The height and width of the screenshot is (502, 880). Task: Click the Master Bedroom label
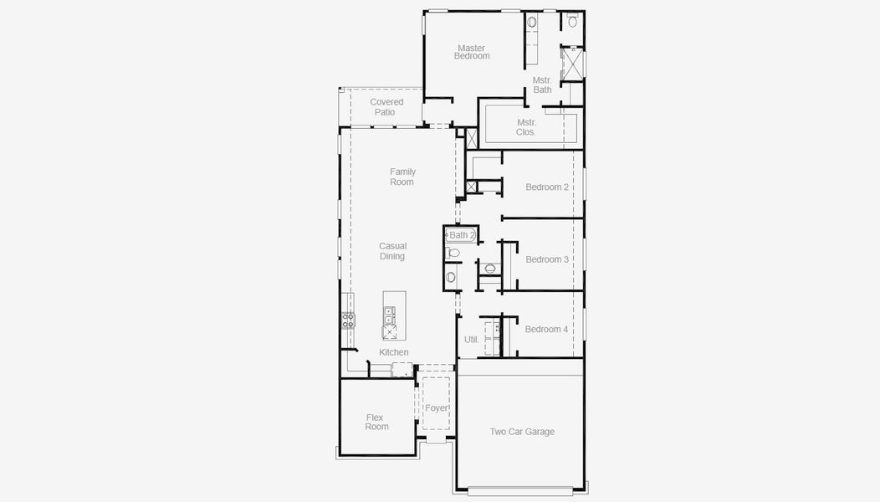(472, 52)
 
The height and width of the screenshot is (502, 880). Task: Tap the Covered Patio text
(386, 107)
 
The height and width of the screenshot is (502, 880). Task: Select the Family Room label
(402, 177)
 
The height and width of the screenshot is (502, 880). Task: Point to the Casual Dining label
(392, 251)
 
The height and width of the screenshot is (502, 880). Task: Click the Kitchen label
(394, 352)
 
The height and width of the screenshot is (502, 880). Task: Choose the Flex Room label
(376, 422)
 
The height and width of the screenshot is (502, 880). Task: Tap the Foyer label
(436, 408)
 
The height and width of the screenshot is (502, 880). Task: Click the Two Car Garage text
(522, 432)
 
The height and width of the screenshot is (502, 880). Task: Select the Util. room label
(472, 340)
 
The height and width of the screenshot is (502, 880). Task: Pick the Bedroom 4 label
(546, 329)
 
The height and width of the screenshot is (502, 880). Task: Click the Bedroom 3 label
(547, 259)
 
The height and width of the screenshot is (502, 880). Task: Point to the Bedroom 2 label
(547, 187)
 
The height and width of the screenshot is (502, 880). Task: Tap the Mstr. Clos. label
(526, 127)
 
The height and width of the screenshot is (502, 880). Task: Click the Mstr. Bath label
(542, 85)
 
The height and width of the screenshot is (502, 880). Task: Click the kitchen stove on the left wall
(348, 320)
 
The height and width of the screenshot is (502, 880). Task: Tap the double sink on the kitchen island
(390, 315)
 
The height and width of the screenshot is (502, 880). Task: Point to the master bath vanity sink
(532, 23)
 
